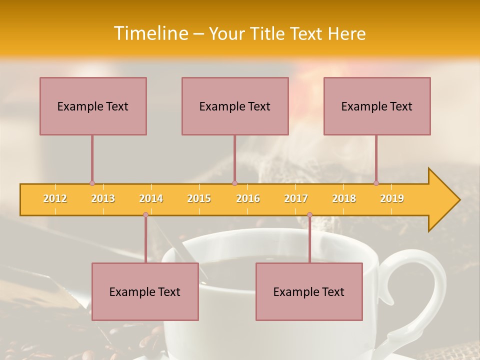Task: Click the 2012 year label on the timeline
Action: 55,198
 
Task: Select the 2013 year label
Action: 103,198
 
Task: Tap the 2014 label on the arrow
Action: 151,198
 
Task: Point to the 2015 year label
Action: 199,198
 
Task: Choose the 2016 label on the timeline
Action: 248,198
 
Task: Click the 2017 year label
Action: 296,198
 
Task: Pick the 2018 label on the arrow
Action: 344,198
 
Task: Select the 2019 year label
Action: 392,198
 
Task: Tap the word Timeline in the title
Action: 150,33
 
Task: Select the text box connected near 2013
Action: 93,106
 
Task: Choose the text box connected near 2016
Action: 235,106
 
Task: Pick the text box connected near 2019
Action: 377,106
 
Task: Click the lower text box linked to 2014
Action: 145,291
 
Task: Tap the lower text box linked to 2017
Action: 309,291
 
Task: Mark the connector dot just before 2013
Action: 92,183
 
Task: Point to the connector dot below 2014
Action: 145,214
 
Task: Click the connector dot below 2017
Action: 309,214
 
